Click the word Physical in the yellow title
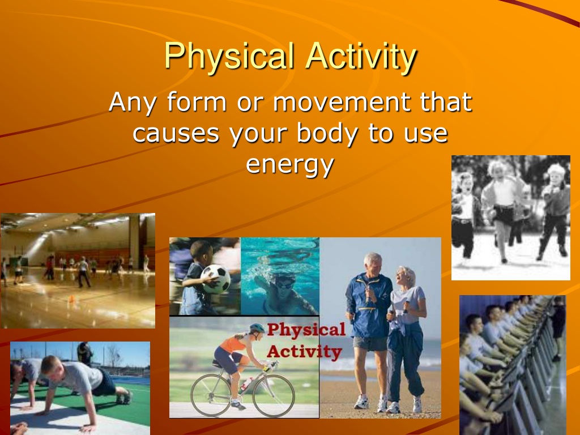[229, 56]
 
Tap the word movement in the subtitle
[342, 101]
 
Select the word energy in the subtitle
[290, 165]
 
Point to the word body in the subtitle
[327, 133]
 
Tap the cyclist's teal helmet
[257, 328]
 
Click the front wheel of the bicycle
[274, 395]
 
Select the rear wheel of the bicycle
[211, 395]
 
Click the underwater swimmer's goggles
[284, 284]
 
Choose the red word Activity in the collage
[304, 351]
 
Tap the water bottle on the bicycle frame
[246, 385]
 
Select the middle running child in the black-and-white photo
[502, 209]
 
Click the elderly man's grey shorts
[370, 343]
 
